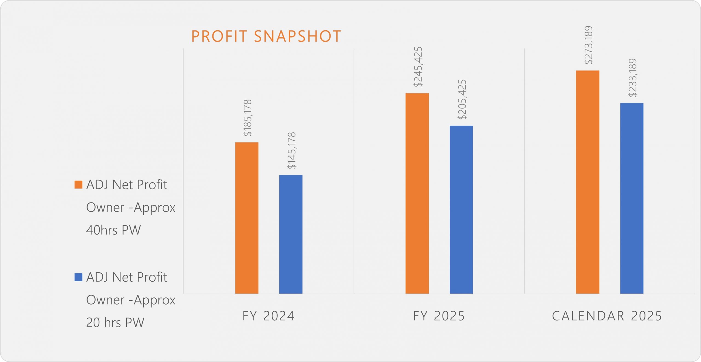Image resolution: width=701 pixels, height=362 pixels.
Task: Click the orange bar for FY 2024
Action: coord(247,218)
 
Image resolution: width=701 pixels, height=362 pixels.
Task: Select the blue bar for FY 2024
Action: coord(291,234)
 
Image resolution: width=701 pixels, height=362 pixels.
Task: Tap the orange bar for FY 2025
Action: coord(417,193)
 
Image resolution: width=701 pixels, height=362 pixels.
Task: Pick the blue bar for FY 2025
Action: coord(461,210)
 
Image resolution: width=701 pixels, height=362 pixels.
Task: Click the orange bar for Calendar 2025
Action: coord(588,182)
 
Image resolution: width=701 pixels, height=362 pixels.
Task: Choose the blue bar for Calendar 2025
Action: coord(632,198)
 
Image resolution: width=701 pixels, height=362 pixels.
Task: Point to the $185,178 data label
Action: coord(248,118)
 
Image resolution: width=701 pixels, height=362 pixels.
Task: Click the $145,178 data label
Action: coord(292,150)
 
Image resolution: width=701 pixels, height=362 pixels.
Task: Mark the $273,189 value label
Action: coord(588,45)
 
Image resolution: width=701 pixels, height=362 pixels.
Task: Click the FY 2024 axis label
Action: coord(268,316)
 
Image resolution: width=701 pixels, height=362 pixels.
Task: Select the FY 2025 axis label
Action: coord(439,316)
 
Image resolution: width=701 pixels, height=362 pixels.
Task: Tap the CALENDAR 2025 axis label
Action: coord(607,316)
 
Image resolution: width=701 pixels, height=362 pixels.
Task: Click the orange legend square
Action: coord(78,184)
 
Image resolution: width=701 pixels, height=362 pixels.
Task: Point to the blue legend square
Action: coord(78,277)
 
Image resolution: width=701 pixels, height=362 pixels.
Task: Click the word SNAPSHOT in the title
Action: coord(297,36)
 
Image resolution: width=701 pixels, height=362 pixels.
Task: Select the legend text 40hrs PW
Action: coord(113,230)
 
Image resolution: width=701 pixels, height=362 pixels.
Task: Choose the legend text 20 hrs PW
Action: coord(115,323)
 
